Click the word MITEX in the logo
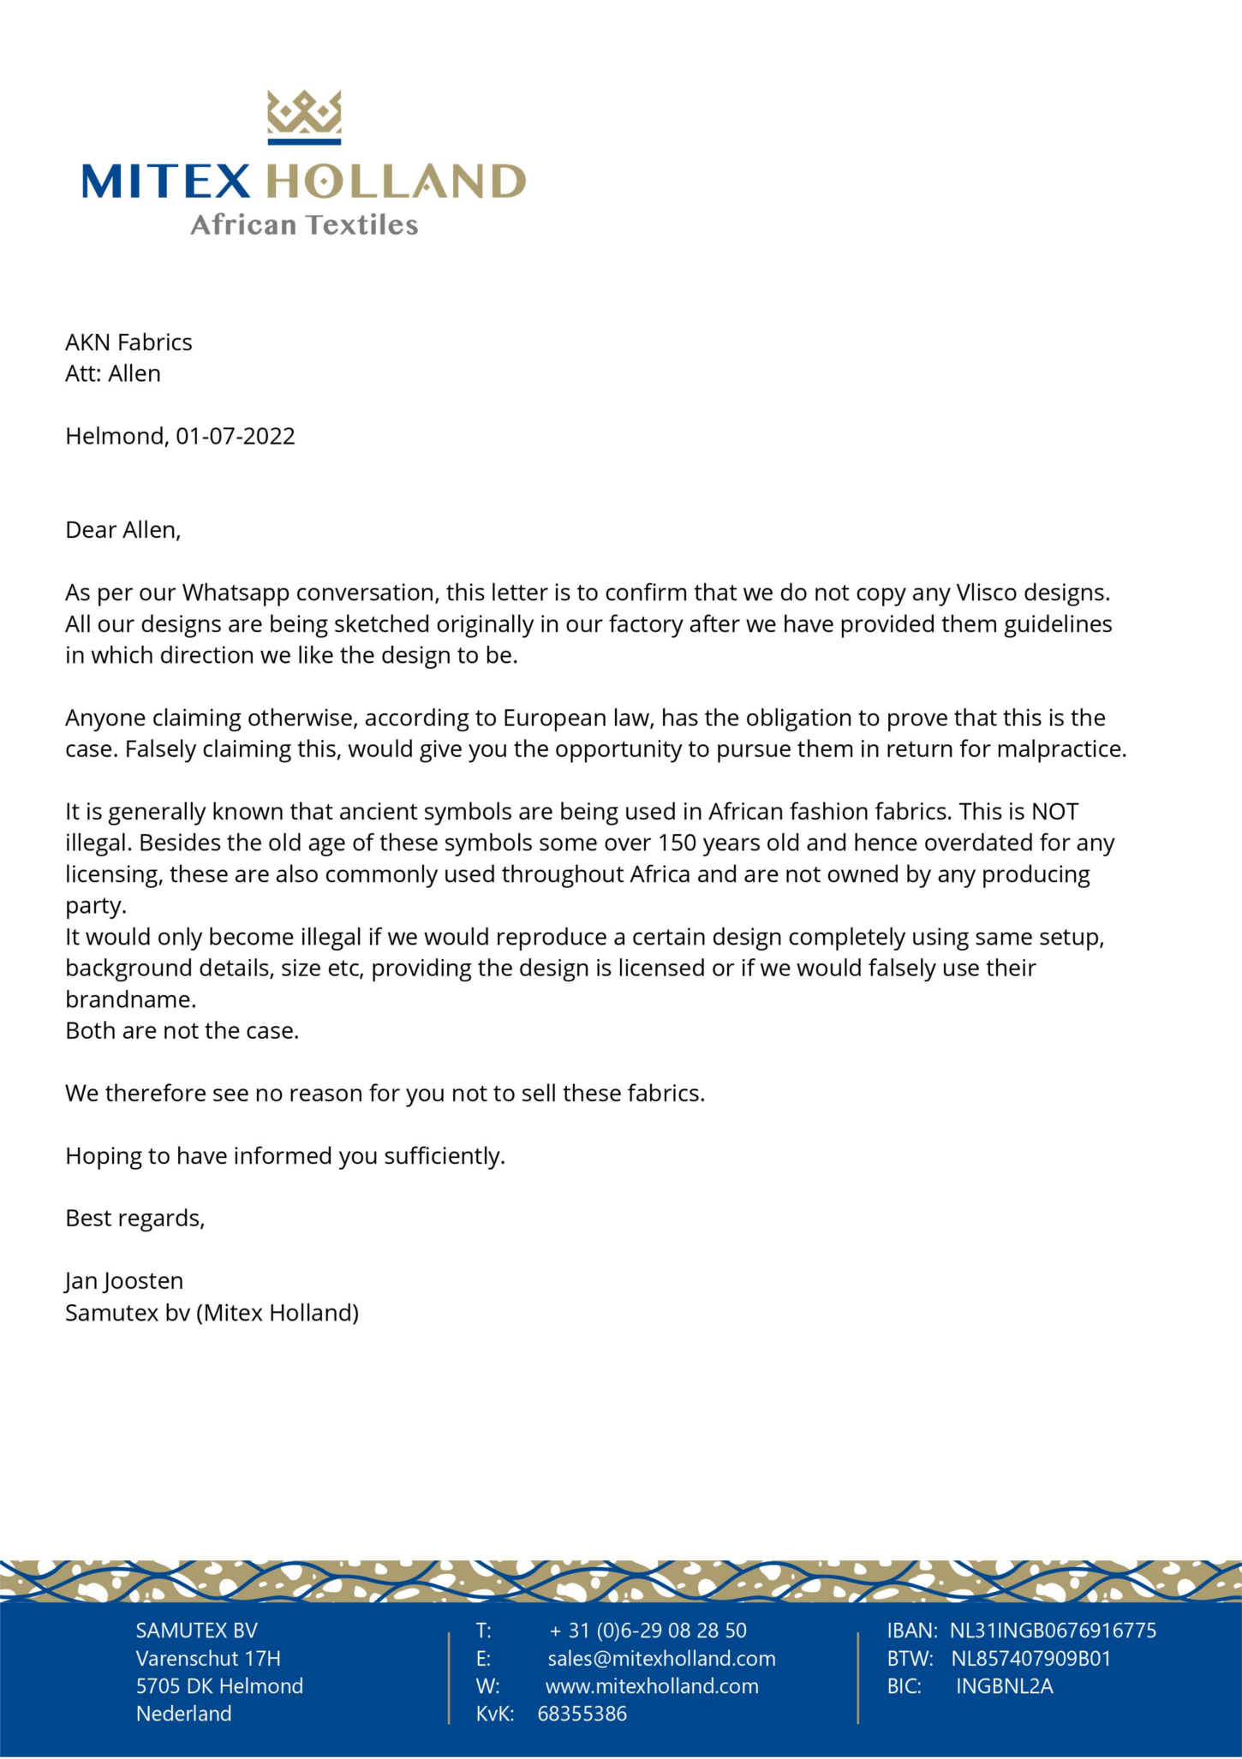click(x=166, y=182)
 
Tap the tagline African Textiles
click(x=304, y=224)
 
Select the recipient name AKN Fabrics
click(x=128, y=343)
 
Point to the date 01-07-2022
click(x=236, y=436)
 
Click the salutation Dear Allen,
click(x=123, y=530)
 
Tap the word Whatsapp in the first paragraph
click(x=236, y=593)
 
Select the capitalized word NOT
click(x=1054, y=811)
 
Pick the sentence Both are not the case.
click(x=182, y=1030)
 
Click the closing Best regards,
click(x=135, y=1218)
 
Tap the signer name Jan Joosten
click(x=124, y=1281)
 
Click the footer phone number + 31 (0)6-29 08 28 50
click(x=648, y=1631)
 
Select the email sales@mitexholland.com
click(x=661, y=1659)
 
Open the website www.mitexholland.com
click(x=652, y=1686)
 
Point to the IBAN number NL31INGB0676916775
click(x=1053, y=1631)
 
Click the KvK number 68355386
click(x=582, y=1714)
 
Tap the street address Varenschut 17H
click(x=208, y=1659)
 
